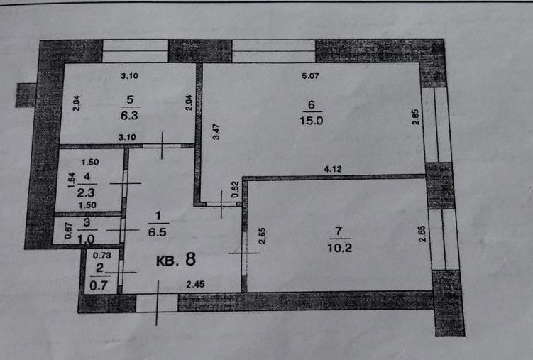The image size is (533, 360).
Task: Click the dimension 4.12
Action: [333, 169]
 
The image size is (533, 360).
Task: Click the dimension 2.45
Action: [194, 285]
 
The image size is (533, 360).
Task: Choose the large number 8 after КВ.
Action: [189, 258]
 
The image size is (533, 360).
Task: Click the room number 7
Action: [339, 229]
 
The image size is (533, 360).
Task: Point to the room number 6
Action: [311, 103]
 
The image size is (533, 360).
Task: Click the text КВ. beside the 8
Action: [167, 260]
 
